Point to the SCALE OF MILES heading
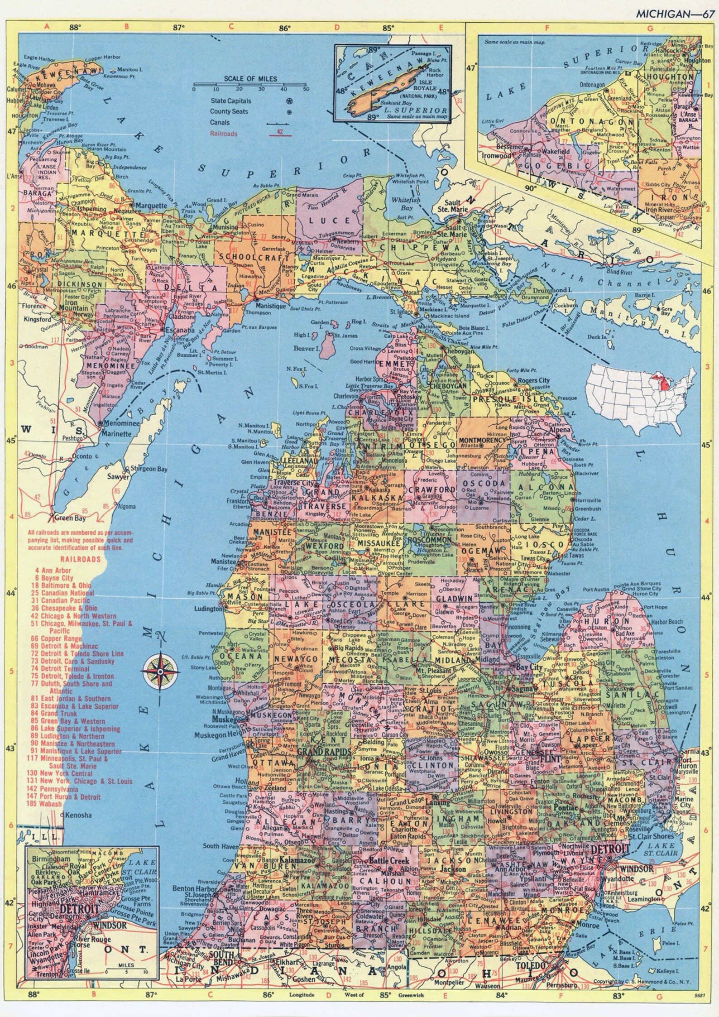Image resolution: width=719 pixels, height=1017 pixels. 250,78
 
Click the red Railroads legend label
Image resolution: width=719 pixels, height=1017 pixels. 224,134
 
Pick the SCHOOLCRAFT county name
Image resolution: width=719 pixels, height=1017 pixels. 254,257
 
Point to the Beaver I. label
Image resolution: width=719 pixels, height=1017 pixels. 307,349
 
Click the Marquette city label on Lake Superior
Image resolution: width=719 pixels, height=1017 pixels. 152,206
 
